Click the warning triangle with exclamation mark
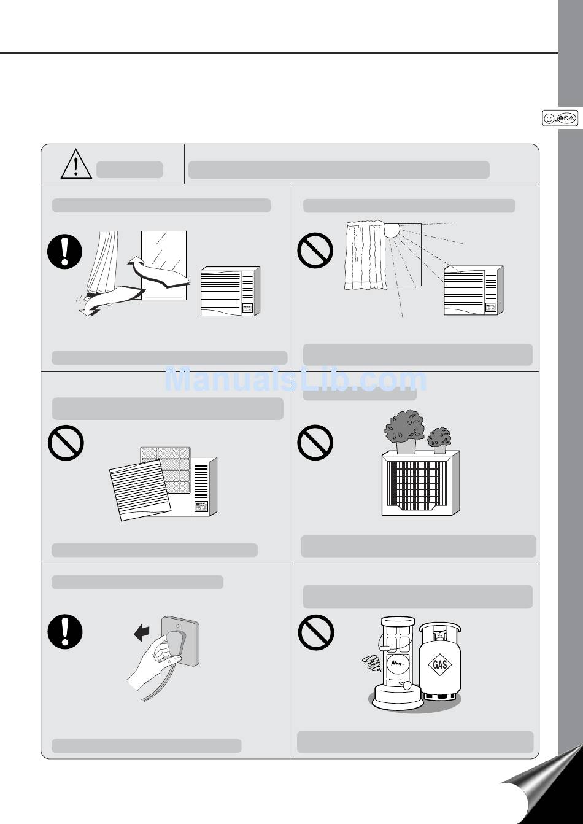(76, 164)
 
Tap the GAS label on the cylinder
(439, 664)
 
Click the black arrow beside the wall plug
(142, 634)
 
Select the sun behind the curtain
(392, 230)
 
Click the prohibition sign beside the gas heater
(316, 632)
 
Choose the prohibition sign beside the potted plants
(315, 442)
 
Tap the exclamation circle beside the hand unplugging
(64, 632)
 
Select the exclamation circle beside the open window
(64, 252)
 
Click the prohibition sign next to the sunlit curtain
(315, 250)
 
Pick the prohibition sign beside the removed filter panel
(66, 443)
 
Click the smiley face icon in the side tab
(549, 119)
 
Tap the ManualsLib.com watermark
(296, 379)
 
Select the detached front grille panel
(140, 490)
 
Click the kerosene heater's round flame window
(398, 664)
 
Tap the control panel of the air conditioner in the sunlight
(491, 308)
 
